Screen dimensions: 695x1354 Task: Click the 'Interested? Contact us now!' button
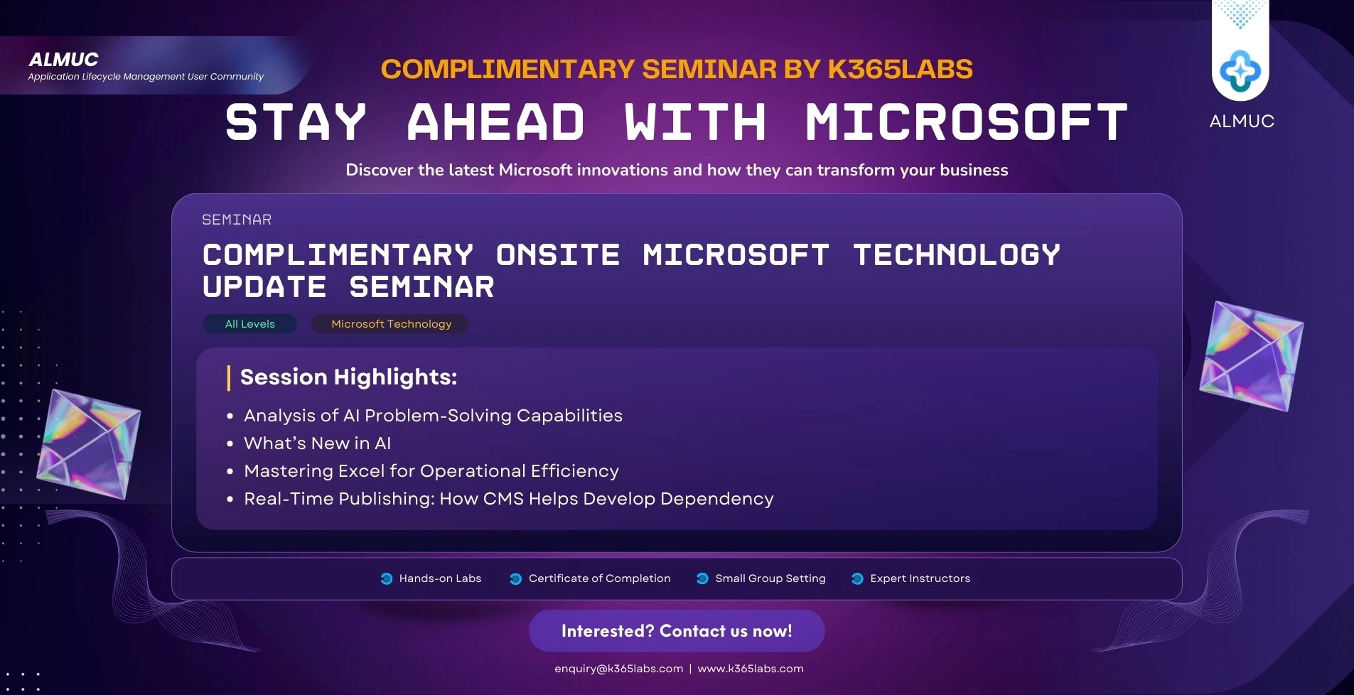coord(677,631)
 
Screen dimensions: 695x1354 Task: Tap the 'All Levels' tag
coord(249,324)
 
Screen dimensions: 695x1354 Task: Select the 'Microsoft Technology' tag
coord(391,324)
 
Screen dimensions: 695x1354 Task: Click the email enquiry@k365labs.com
coord(618,669)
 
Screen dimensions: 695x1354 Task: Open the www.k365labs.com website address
coord(751,669)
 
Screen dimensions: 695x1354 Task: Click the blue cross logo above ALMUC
coord(1240,71)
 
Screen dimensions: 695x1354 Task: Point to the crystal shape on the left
coord(89,443)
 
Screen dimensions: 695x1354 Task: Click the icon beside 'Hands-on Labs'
coord(387,578)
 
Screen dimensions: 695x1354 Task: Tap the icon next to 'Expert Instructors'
coord(857,578)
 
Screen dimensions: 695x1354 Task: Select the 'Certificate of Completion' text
coord(599,578)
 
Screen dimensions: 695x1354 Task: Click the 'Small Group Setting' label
coord(770,578)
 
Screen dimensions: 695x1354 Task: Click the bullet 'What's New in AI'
coord(317,443)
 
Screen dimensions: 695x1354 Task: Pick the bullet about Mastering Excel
coord(431,471)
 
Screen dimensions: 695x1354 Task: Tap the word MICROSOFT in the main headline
coord(967,122)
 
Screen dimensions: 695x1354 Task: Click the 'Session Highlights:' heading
coord(348,377)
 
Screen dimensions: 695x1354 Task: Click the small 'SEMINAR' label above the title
coord(237,220)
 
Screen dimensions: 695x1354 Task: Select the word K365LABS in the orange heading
coord(900,69)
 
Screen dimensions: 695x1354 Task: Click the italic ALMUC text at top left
coord(63,60)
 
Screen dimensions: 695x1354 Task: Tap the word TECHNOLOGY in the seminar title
coord(957,255)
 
